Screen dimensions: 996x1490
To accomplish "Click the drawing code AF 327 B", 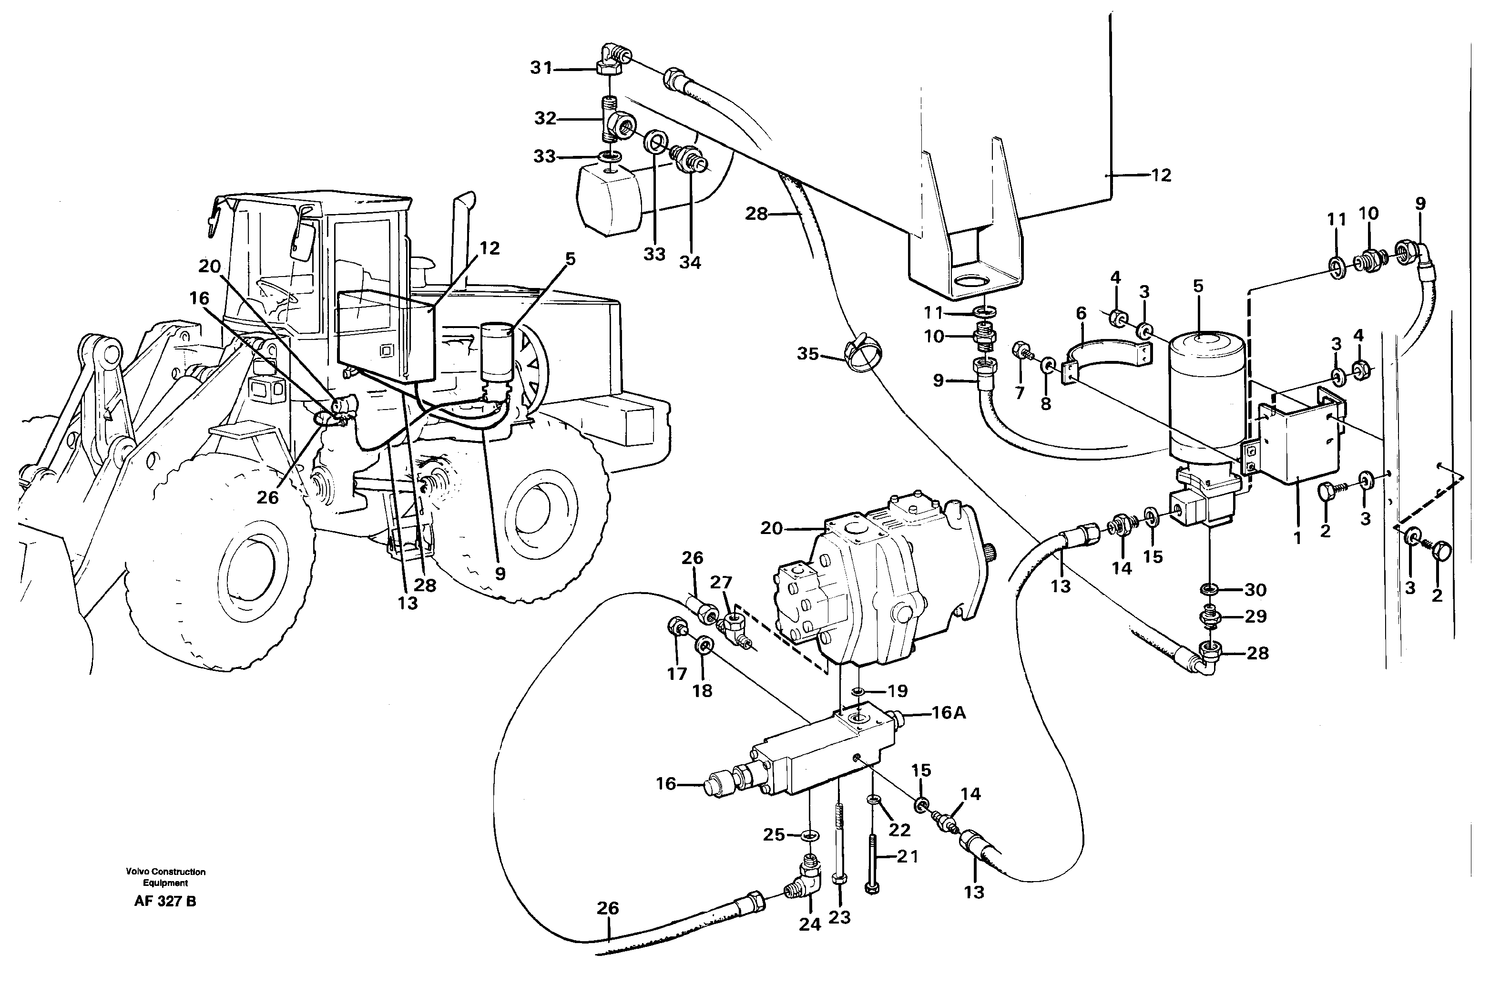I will pyautogui.click(x=165, y=901).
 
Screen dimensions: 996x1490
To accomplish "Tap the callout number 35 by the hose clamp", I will pyautogui.click(x=807, y=354).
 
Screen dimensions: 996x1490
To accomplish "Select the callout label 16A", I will pyautogui.click(x=949, y=713).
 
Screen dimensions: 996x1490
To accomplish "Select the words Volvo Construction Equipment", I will pyautogui.click(x=165, y=877).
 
